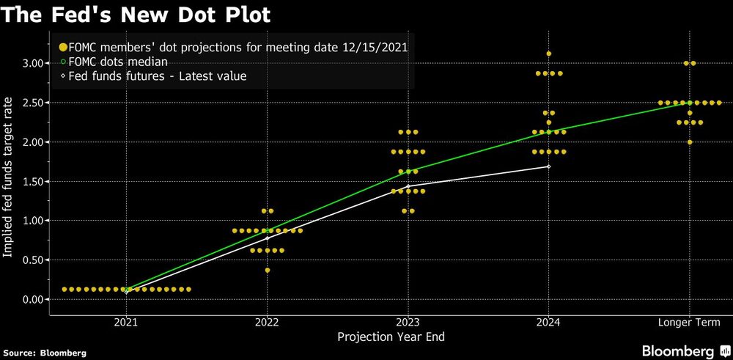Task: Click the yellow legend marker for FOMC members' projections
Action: tap(63, 47)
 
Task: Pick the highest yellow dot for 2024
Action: tap(548, 54)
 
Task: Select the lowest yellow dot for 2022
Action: tap(267, 271)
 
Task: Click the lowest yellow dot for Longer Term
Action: tap(688, 142)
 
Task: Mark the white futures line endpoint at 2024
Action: tap(548, 166)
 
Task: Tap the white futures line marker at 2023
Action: tap(408, 186)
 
